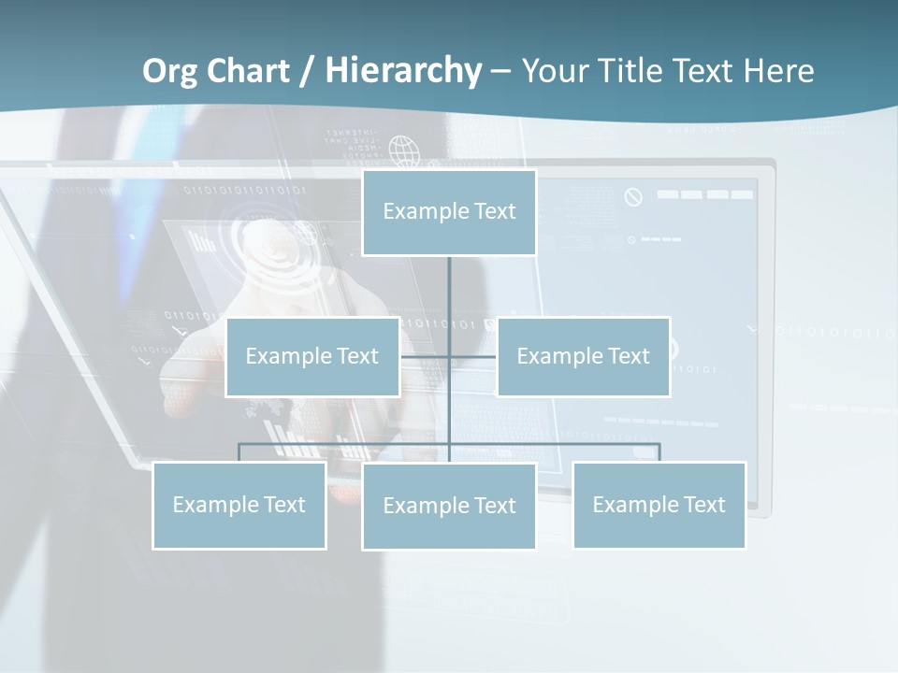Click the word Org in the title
tap(169, 71)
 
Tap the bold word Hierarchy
tap(403, 71)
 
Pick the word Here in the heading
tap(778, 71)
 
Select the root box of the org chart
tap(449, 212)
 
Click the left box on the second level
tap(312, 356)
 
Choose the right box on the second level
tap(584, 356)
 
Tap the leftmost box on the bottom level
tap(239, 506)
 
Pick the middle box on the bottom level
tap(449, 507)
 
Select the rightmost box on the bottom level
tap(659, 506)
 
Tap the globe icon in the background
tap(403, 150)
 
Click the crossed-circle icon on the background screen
tap(634, 197)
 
